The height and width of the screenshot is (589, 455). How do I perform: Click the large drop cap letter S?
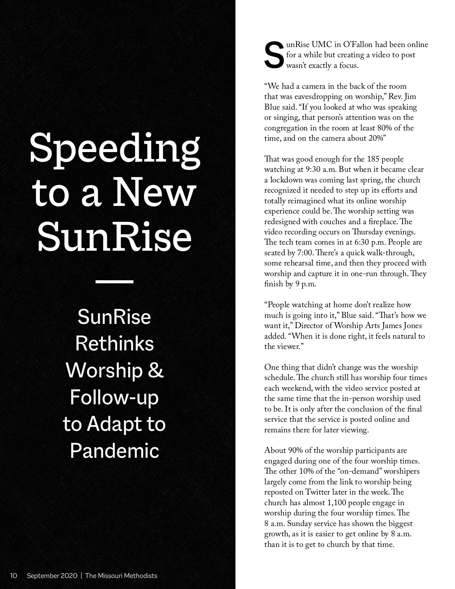274,56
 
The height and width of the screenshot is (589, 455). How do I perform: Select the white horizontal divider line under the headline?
115,282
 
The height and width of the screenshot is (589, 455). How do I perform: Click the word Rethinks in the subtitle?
115,344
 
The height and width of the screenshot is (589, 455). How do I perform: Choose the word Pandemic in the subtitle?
115,451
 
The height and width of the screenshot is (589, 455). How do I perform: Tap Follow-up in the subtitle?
115,397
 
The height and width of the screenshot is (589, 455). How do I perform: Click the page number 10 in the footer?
14,575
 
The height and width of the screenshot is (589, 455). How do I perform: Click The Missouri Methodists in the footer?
121,575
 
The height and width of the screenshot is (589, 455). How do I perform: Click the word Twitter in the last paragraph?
318,492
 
